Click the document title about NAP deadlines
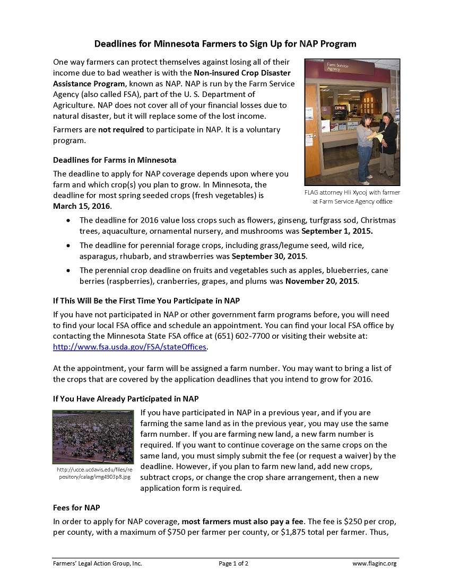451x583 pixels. (x=226, y=43)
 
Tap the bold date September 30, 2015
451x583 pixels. (x=269, y=256)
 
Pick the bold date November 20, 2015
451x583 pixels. (x=322, y=281)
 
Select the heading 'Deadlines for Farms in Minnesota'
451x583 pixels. (x=115, y=160)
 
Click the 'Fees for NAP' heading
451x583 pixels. (x=76, y=507)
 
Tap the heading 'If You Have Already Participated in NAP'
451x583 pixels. (x=126, y=399)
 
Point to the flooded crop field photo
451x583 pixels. (x=93, y=436)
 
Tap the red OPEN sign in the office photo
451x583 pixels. (x=339, y=108)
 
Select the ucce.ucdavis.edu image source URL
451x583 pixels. (x=94, y=473)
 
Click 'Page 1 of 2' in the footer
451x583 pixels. (x=233, y=563)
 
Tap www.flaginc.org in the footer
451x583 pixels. (x=375, y=563)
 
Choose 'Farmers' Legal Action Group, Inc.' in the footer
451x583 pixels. (x=98, y=563)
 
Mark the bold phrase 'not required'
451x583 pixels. (x=121, y=130)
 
